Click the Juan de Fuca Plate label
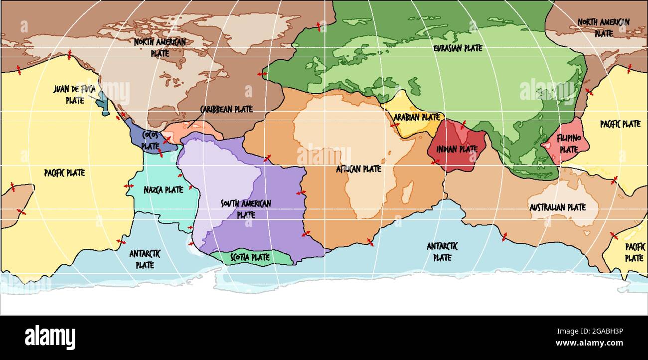pyautogui.click(x=74, y=94)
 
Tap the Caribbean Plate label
pyautogui.click(x=226, y=109)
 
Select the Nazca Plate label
pyautogui.click(x=163, y=189)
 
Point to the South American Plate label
pyautogui.click(x=246, y=209)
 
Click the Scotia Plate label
pyautogui.click(x=250, y=258)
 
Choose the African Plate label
pyautogui.click(x=358, y=169)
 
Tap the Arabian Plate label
pyautogui.click(x=417, y=117)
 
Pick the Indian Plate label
pyautogui.click(x=457, y=149)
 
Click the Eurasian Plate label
pyautogui.click(x=458, y=48)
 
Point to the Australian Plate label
pyautogui.click(x=557, y=207)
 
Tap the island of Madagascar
pyautogui.click(x=407, y=191)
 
